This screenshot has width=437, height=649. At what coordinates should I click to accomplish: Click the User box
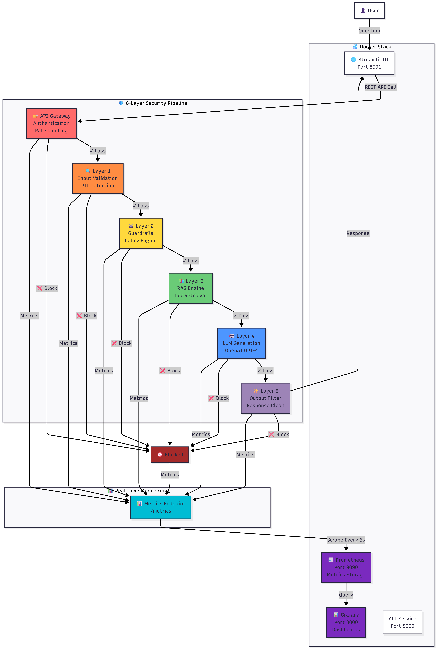pos(369,11)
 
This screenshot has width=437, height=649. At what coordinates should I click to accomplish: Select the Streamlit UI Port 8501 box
pos(369,63)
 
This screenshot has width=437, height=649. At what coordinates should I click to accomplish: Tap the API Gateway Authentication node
pos(51,123)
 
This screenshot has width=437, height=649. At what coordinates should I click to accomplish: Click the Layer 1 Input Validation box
pos(98,178)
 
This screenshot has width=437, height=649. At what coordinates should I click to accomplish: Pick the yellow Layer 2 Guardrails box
pos(141,233)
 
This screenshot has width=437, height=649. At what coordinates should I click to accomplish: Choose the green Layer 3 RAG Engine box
pos(191,288)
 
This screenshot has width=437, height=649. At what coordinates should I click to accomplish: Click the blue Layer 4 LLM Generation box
pos(241,343)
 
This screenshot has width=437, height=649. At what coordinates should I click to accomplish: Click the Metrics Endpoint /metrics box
pos(161,507)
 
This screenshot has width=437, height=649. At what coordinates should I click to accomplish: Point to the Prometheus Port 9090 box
pos(346,567)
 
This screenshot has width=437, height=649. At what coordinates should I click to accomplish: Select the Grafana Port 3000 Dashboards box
pos(346,622)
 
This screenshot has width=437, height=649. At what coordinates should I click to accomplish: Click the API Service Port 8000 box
pos(402,622)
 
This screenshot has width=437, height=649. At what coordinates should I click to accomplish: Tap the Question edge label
pos(369,31)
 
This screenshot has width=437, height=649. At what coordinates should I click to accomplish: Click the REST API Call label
pos(381,87)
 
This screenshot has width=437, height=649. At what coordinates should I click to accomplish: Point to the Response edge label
pos(358,233)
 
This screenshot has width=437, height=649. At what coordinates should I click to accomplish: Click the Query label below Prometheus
pos(346,595)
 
